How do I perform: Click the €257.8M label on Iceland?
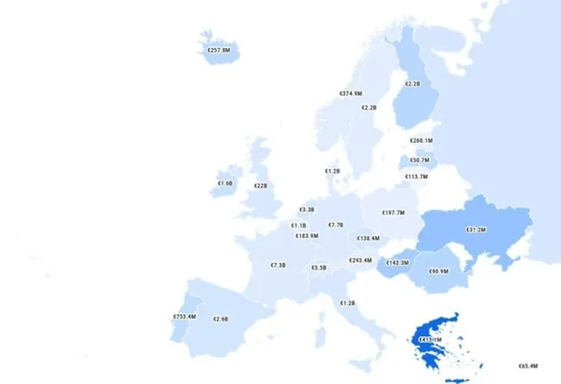click(x=220, y=49)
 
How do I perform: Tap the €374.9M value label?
click(x=351, y=94)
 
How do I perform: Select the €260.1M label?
click(x=421, y=141)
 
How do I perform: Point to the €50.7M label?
click(x=420, y=160)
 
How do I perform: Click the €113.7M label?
click(x=416, y=177)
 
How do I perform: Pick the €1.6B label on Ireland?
click(x=224, y=183)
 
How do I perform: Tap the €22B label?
click(x=261, y=186)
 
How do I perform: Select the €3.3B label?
click(x=307, y=209)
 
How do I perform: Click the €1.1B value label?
click(x=299, y=226)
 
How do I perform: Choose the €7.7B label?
click(x=336, y=225)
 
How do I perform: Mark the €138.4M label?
click(x=368, y=238)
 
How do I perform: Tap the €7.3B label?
click(x=278, y=265)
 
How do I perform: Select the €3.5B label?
click(x=319, y=268)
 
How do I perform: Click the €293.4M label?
click(x=361, y=260)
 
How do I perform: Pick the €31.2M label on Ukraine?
click(x=477, y=230)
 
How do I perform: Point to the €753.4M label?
click(x=184, y=317)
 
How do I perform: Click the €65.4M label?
click(x=526, y=366)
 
